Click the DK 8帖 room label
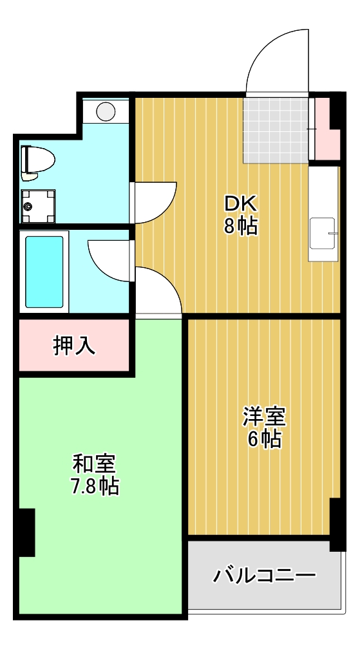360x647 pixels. point(241,216)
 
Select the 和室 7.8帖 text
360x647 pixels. point(94,474)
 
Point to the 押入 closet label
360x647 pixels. point(74,346)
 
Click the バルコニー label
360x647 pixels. point(265,574)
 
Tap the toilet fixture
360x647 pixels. point(37,161)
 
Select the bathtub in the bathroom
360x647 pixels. point(44,272)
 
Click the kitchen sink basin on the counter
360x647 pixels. point(323,232)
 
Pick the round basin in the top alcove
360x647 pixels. point(106,111)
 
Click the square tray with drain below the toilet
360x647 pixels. point(37,204)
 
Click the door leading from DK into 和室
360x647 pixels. point(158,293)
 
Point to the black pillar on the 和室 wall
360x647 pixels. point(26,532)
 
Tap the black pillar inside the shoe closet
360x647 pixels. point(335,111)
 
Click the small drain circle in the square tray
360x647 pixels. point(28,207)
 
